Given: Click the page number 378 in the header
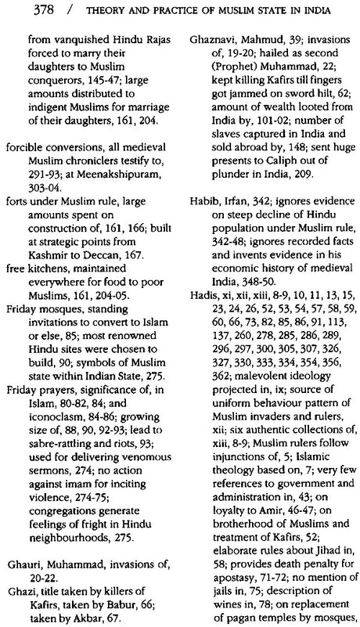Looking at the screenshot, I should (x=18, y=9).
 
